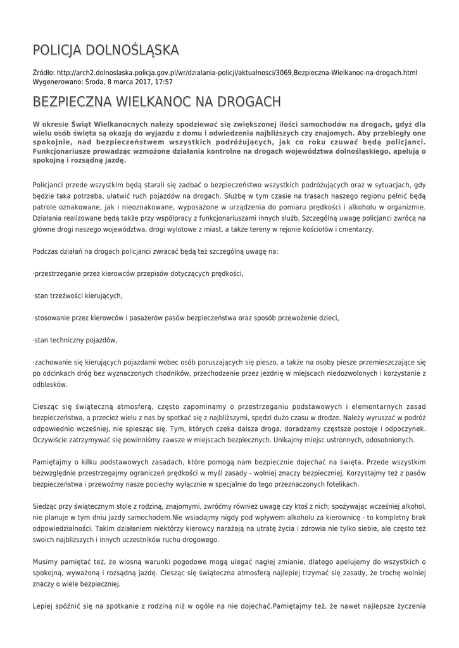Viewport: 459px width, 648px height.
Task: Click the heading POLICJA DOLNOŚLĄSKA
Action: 106,50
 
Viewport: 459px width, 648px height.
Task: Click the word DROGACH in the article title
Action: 246,102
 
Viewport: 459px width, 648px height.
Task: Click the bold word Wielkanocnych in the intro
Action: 116,125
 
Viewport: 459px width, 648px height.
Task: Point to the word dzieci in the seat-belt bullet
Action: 329,317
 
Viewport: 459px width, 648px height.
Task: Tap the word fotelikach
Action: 339,483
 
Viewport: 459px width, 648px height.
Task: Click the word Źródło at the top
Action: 42,73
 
